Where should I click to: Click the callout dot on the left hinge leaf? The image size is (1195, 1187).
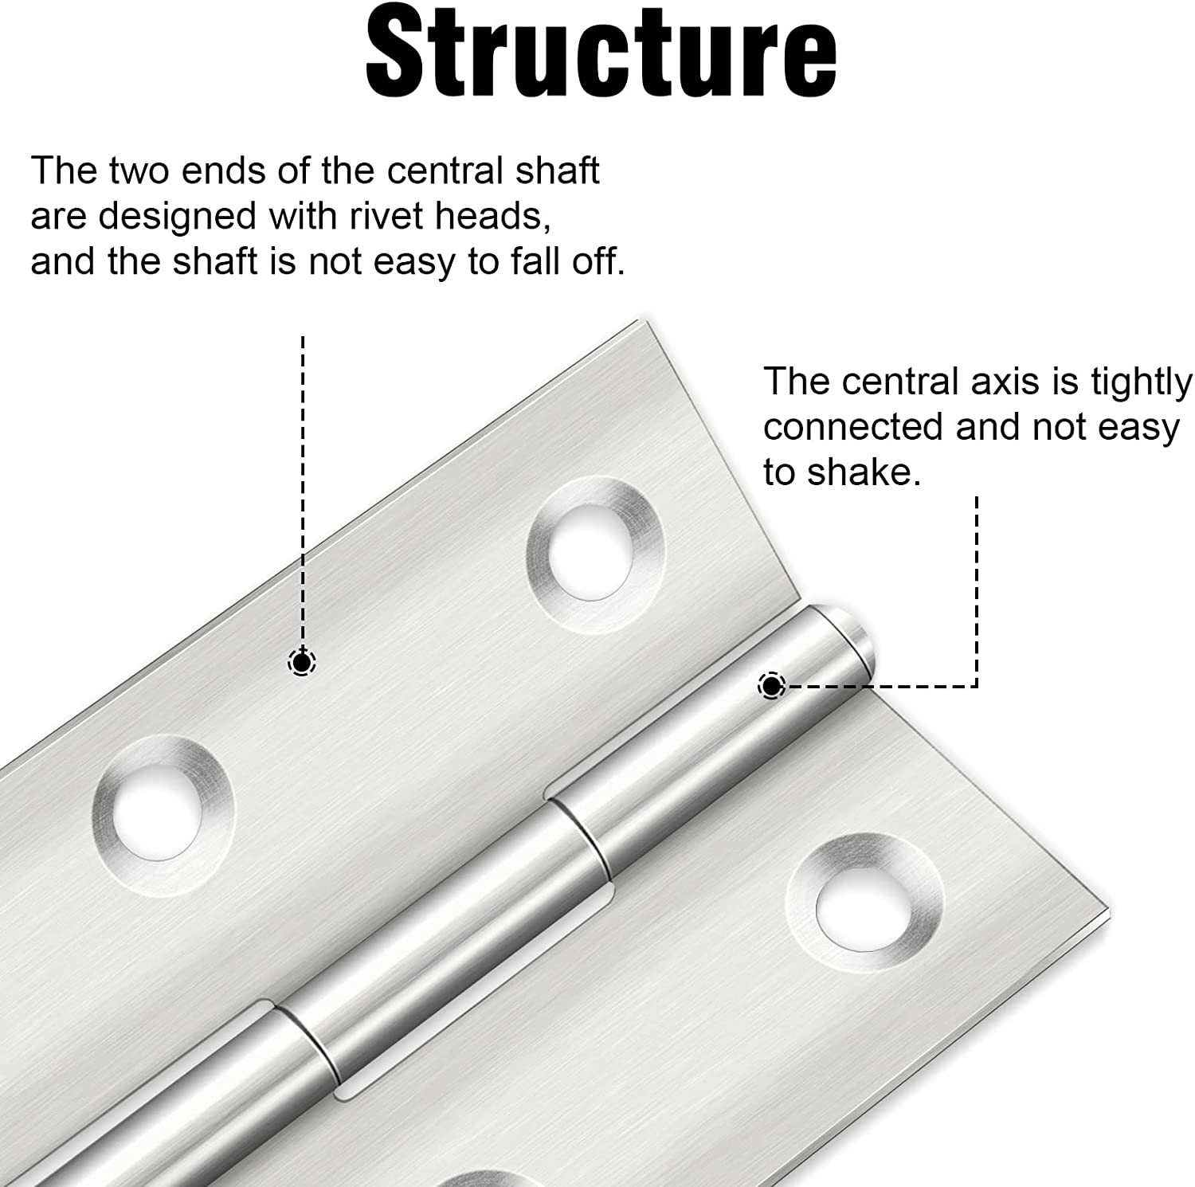pyautogui.click(x=301, y=662)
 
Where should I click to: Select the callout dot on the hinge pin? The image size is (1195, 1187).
pyautogui.click(x=771, y=685)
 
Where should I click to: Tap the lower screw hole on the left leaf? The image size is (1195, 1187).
pyautogui.click(x=163, y=815)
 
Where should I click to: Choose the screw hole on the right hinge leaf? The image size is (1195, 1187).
pyautogui.click(x=863, y=903)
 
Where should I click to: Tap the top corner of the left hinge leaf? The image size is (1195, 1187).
pyautogui.click(x=640, y=321)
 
